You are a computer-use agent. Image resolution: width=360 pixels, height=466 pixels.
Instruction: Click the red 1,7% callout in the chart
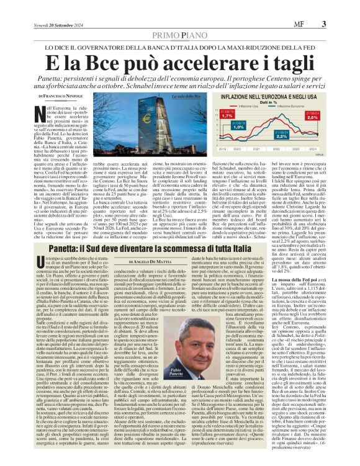click(228, 115)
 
